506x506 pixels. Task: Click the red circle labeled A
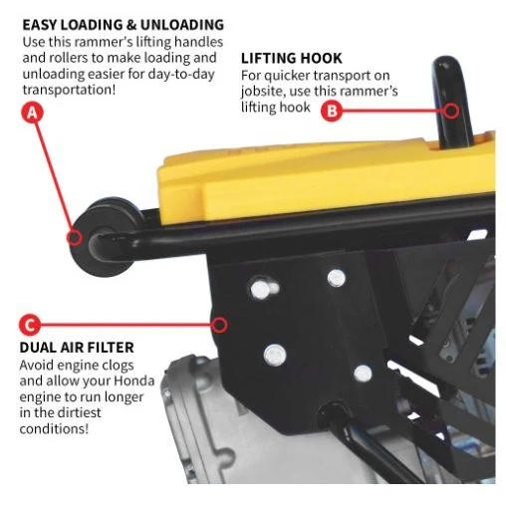point(32,113)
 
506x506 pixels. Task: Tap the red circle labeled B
point(332,111)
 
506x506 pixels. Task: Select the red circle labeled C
point(30,325)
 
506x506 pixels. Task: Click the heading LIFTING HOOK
point(291,59)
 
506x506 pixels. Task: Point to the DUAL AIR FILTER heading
point(77,348)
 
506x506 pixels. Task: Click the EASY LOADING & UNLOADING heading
point(124,25)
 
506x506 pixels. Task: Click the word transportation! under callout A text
point(69,90)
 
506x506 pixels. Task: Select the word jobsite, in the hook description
point(263,92)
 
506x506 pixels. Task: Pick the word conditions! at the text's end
point(54,428)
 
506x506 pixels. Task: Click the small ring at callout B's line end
point(451,111)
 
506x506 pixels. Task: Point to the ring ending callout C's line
point(219,325)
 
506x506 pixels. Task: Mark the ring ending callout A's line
point(74,238)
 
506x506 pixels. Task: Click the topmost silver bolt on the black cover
point(337,278)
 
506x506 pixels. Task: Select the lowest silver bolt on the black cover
point(363,374)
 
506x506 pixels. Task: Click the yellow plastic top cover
point(326,179)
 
